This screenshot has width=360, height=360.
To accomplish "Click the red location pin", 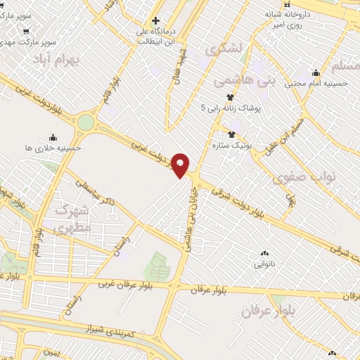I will point(181,165).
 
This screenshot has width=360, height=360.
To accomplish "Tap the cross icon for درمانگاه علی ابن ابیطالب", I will point(155,20).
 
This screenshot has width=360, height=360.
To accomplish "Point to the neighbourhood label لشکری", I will point(224,50).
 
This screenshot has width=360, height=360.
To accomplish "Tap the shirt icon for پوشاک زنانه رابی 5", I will point(229,98).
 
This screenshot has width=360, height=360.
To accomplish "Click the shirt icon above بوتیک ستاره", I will point(231,134).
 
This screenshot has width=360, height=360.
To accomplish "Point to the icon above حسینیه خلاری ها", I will point(53,138).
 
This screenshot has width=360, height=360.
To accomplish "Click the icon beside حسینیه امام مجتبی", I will point(316,72).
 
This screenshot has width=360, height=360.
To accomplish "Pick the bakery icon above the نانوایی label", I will point(264,253).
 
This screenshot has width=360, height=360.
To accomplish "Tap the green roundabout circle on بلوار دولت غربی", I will point(85,122).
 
